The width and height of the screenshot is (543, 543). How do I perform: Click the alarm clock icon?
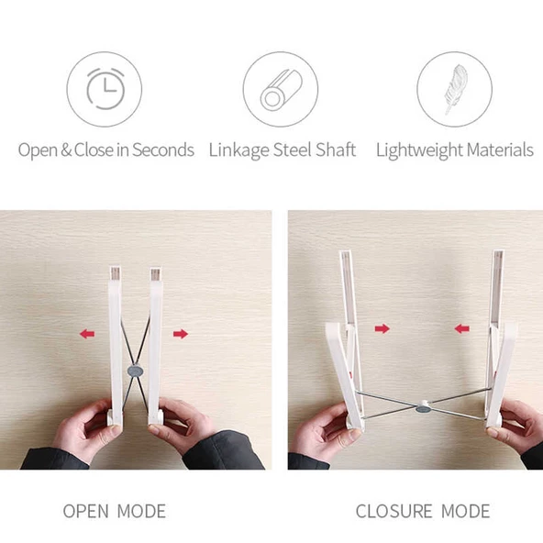[x=105, y=89]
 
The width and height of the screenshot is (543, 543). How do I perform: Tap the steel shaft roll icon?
[x=282, y=90]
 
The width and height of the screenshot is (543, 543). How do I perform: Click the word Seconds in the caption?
[x=162, y=150]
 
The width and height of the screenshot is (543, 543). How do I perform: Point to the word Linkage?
[x=239, y=150]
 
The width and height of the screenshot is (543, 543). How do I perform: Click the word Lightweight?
[x=419, y=150]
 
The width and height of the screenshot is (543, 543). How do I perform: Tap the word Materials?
[x=500, y=150]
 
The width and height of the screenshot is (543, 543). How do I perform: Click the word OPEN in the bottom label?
[x=85, y=511]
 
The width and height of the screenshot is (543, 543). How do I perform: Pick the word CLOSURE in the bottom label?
[x=394, y=511]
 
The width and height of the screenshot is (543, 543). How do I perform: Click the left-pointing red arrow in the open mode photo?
[x=87, y=334]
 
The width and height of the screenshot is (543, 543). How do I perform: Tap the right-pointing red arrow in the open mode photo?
[x=181, y=334]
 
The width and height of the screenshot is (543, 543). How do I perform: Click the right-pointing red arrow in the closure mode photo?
[x=382, y=328]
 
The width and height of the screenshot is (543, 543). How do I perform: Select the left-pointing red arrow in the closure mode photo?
[x=462, y=328]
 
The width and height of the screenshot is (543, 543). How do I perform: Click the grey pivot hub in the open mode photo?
[x=136, y=371]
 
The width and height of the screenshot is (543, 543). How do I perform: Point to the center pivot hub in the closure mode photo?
[x=424, y=407]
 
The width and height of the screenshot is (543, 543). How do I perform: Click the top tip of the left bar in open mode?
[x=116, y=267]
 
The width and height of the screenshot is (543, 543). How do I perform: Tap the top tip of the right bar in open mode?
[x=156, y=267]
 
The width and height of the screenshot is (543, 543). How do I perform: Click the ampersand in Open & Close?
[x=66, y=150]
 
